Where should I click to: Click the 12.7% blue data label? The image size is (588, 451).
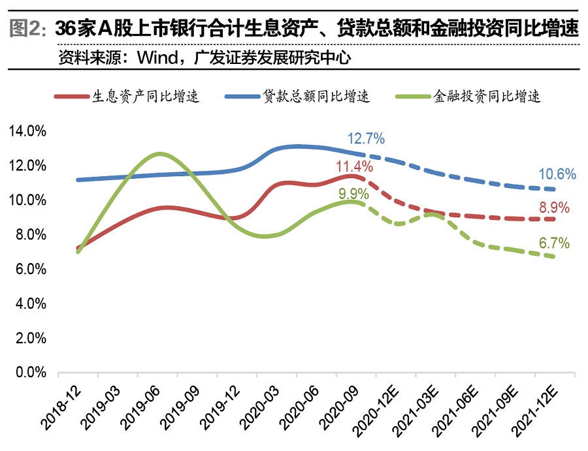tap(366, 138)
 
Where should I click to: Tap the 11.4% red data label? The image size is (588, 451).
tap(354, 166)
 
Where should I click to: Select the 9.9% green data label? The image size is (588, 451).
tap(353, 194)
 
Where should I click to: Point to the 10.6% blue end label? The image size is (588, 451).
tap(557, 174)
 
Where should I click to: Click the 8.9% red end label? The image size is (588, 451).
tap(554, 209)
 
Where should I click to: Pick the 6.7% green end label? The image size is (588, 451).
tap(554, 243)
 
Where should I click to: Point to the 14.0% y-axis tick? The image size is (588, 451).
tap(28, 131)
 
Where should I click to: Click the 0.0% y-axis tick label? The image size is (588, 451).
tap(31, 373)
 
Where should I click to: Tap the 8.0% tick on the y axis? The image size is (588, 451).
tap(31, 235)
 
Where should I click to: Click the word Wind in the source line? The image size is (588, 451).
tap(157, 58)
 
